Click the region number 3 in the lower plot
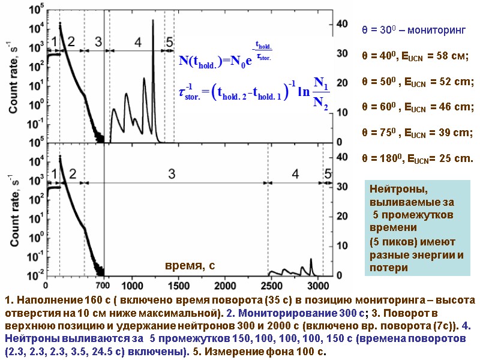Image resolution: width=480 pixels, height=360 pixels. click(171, 174)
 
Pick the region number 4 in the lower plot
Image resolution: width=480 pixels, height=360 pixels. click(295, 174)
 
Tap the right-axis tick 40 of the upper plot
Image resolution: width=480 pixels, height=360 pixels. click(341, 23)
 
